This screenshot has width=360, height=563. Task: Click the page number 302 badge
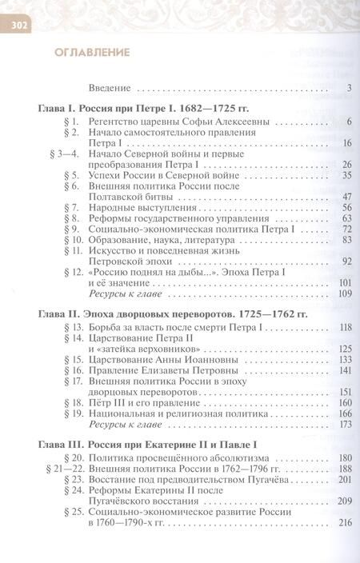pyautogui.click(x=18, y=26)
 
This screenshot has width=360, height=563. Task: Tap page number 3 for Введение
pyautogui.click(x=350, y=89)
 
